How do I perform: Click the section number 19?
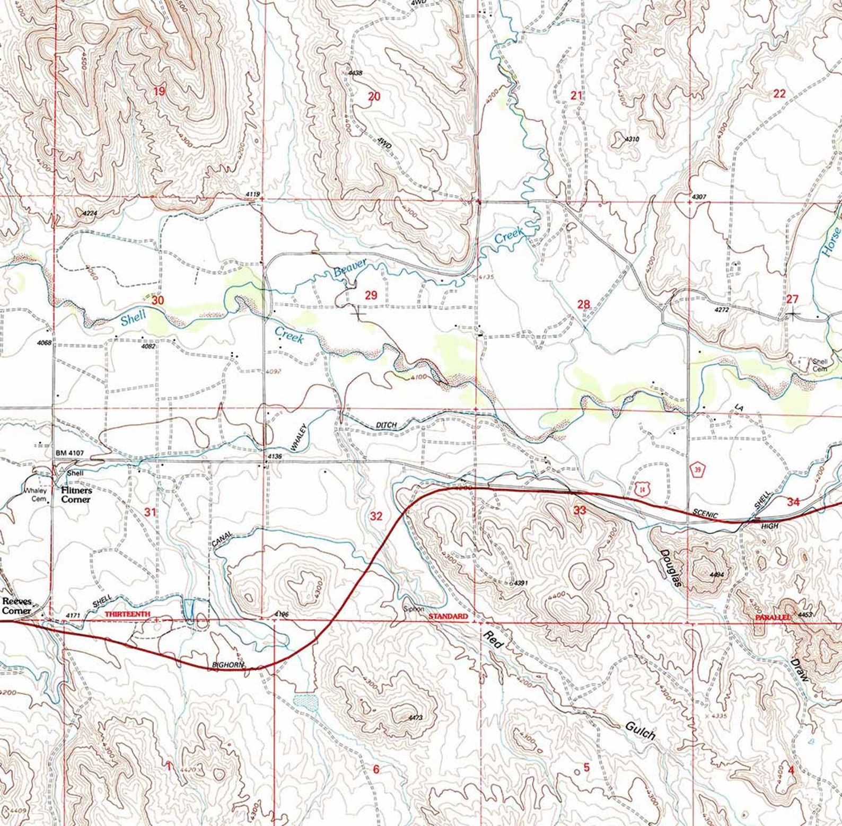tap(159, 91)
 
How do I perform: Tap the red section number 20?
tap(374, 96)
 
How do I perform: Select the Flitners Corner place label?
tap(76, 495)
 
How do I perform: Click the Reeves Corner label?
tap(16, 606)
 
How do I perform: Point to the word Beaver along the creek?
tap(350, 268)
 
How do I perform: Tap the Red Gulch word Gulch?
tap(640, 730)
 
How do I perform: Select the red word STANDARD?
tap(448, 617)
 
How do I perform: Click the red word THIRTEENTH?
tap(128, 614)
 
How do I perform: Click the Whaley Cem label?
tap(36, 494)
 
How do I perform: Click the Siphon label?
tap(414, 609)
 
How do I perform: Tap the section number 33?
tap(580, 510)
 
